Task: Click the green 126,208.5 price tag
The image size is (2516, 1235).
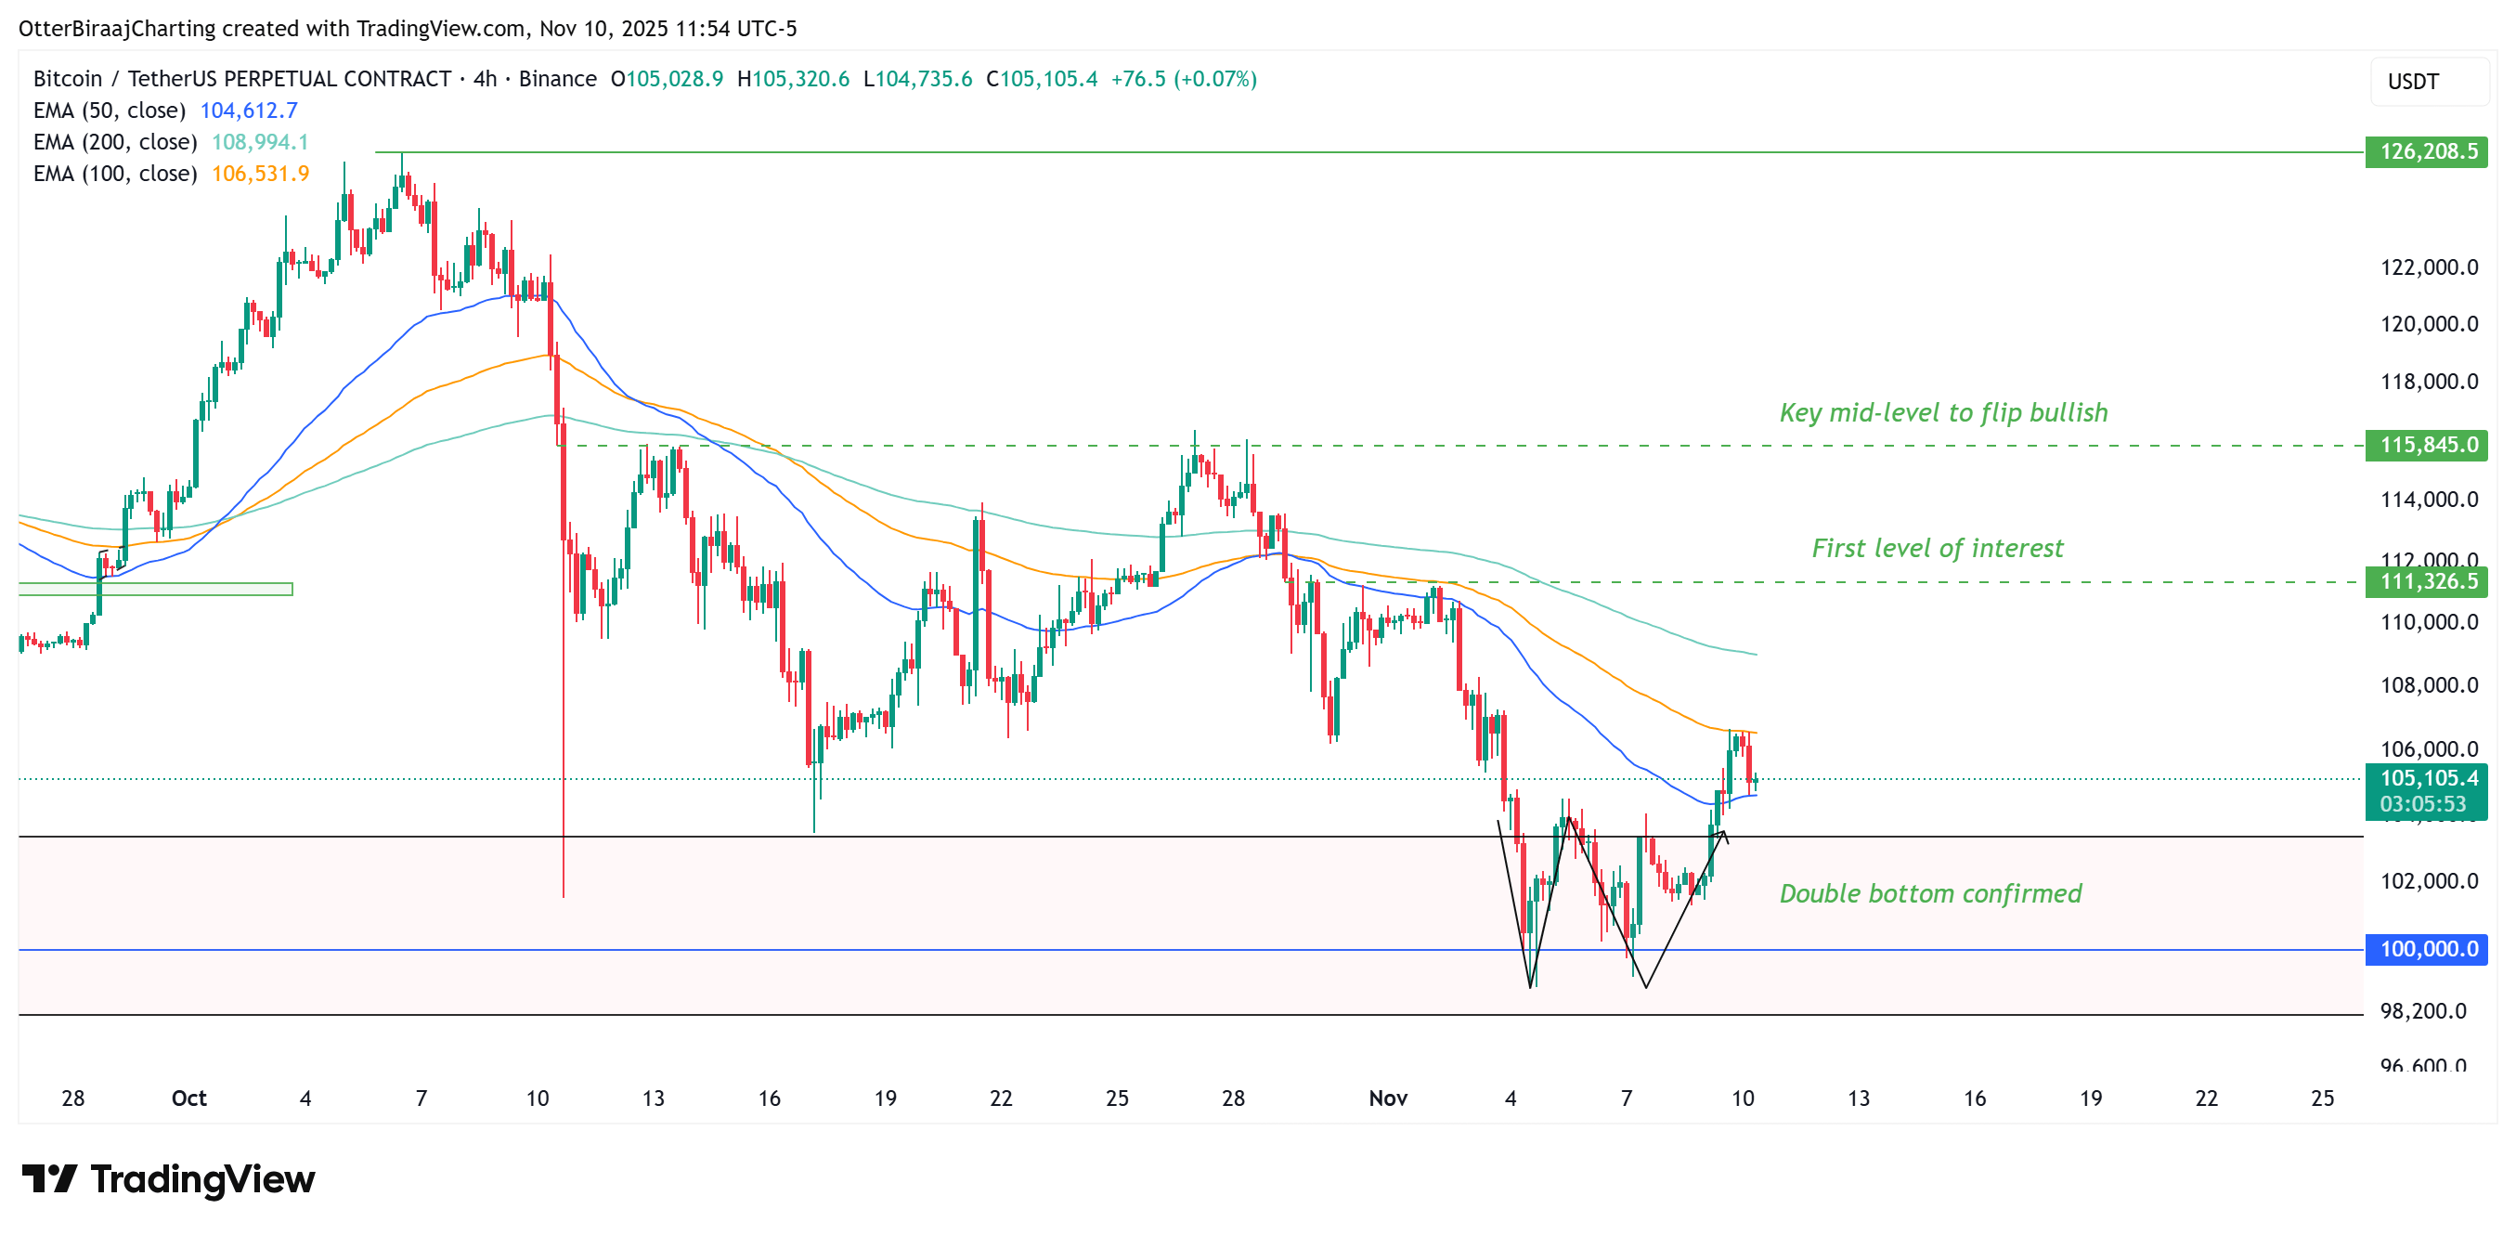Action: click(2426, 151)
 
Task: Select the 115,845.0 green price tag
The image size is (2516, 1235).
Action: click(2426, 446)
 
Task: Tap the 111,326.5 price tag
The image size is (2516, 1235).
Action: click(2426, 582)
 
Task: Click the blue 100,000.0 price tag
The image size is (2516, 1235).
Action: click(2426, 949)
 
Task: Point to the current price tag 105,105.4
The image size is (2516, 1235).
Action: click(2426, 779)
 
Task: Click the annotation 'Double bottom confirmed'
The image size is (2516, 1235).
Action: click(1930, 894)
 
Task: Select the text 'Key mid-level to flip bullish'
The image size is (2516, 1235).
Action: click(1942, 413)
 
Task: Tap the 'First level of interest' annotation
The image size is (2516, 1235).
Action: click(1937, 549)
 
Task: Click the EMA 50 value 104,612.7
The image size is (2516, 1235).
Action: click(249, 110)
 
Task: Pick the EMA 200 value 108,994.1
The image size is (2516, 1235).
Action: click(260, 143)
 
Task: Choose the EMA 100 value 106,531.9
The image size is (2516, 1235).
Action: click(260, 174)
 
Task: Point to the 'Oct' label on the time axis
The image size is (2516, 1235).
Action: click(188, 1098)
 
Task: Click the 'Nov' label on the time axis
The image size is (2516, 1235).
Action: click(1387, 1098)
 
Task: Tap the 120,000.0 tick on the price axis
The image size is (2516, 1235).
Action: click(2428, 324)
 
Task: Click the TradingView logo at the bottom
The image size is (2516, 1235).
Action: click(168, 1179)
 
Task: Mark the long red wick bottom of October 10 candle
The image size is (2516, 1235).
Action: click(564, 894)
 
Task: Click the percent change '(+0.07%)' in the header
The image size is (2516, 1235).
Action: click(1214, 79)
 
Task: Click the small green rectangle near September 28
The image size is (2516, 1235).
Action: click(155, 589)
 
